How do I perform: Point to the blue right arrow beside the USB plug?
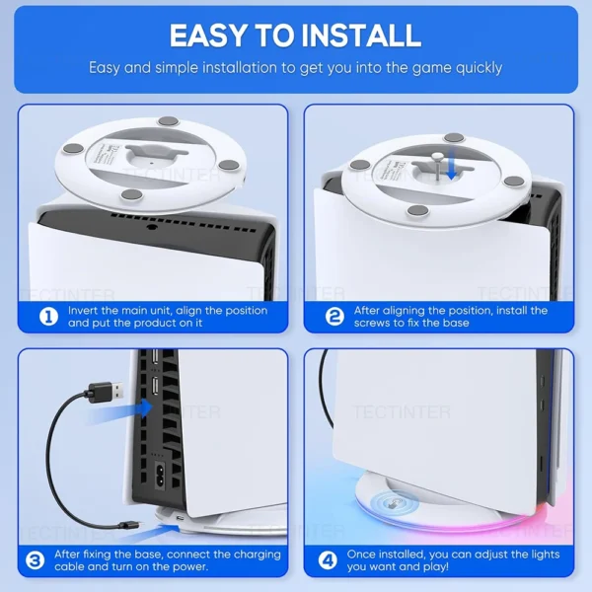pyautogui.click(x=145, y=406)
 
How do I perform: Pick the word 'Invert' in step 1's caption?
pyautogui.click(x=86, y=311)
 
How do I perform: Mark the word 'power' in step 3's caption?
pyautogui.click(x=185, y=567)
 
